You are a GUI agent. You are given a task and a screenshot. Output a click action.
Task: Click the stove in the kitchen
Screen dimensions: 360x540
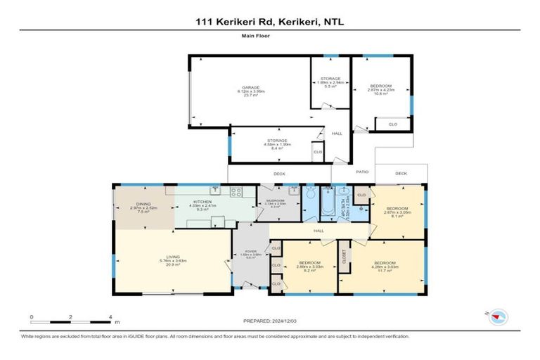tap(236, 191)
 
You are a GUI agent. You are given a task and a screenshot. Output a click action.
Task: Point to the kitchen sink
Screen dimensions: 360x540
tap(214, 191)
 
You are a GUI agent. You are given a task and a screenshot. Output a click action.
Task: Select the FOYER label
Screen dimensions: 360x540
tap(250, 252)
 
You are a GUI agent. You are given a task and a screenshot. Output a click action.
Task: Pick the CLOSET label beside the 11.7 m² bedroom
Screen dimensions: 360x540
tap(344, 259)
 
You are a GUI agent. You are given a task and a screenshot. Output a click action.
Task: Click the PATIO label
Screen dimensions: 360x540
tap(362, 172)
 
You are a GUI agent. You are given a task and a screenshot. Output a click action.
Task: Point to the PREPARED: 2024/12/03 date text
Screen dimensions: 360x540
tap(270, 321)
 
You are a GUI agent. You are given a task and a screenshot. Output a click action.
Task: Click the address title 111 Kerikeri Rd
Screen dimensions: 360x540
tap(270, 22)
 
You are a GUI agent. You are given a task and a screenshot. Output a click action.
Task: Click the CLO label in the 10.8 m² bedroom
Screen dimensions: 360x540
tap(392, 124)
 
